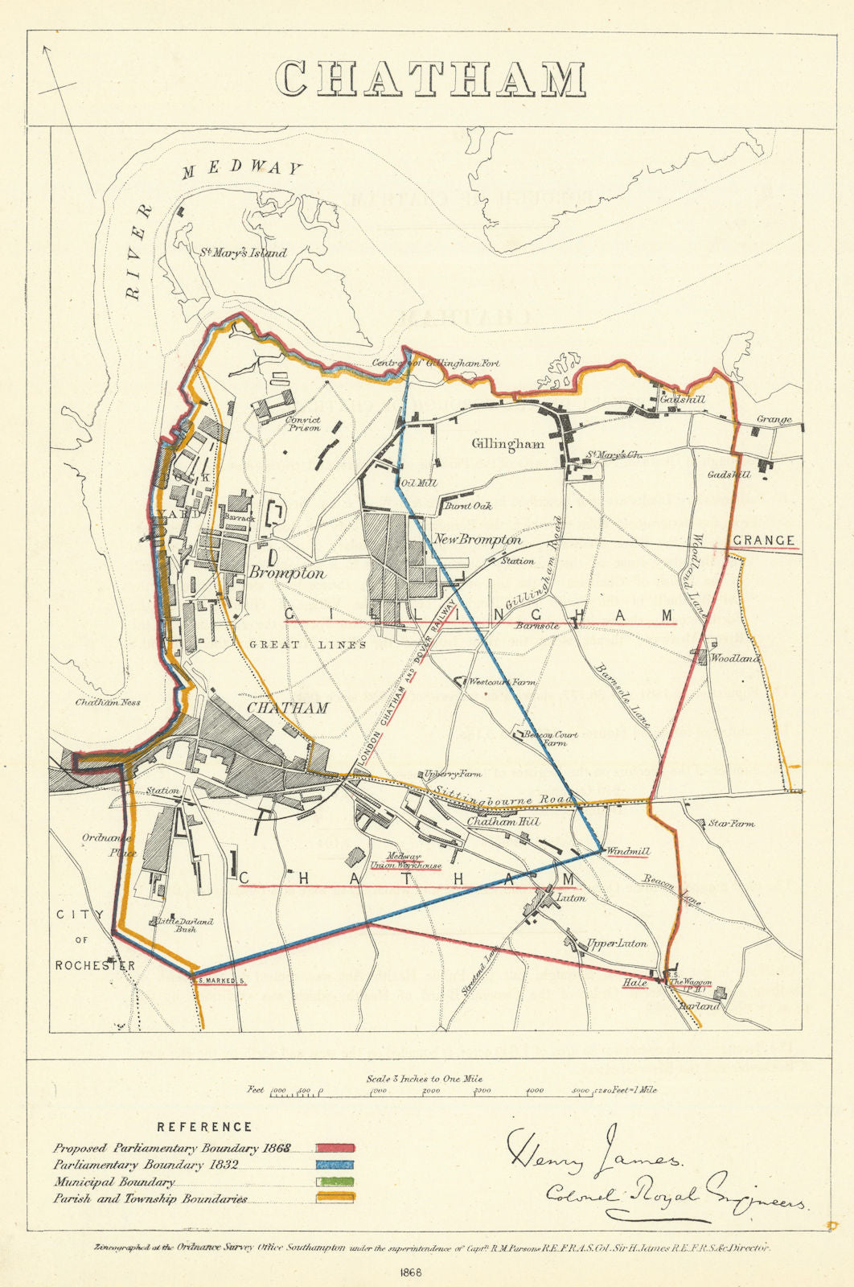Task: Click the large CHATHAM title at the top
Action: (430, 79)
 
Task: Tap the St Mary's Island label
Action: (244, 252)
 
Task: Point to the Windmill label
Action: (628, 852)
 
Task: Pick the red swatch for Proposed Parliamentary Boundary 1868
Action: (335, 1149)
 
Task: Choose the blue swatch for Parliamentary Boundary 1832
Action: (335, 1166)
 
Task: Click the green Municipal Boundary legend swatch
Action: (335, 1182)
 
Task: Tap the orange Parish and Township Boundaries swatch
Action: (335, 1199)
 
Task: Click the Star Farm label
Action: (731, 824)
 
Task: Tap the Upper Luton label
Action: (616, 944)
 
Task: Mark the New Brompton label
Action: (478, 540)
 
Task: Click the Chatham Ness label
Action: (108, 702)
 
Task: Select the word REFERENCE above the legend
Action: (204, 1127)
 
